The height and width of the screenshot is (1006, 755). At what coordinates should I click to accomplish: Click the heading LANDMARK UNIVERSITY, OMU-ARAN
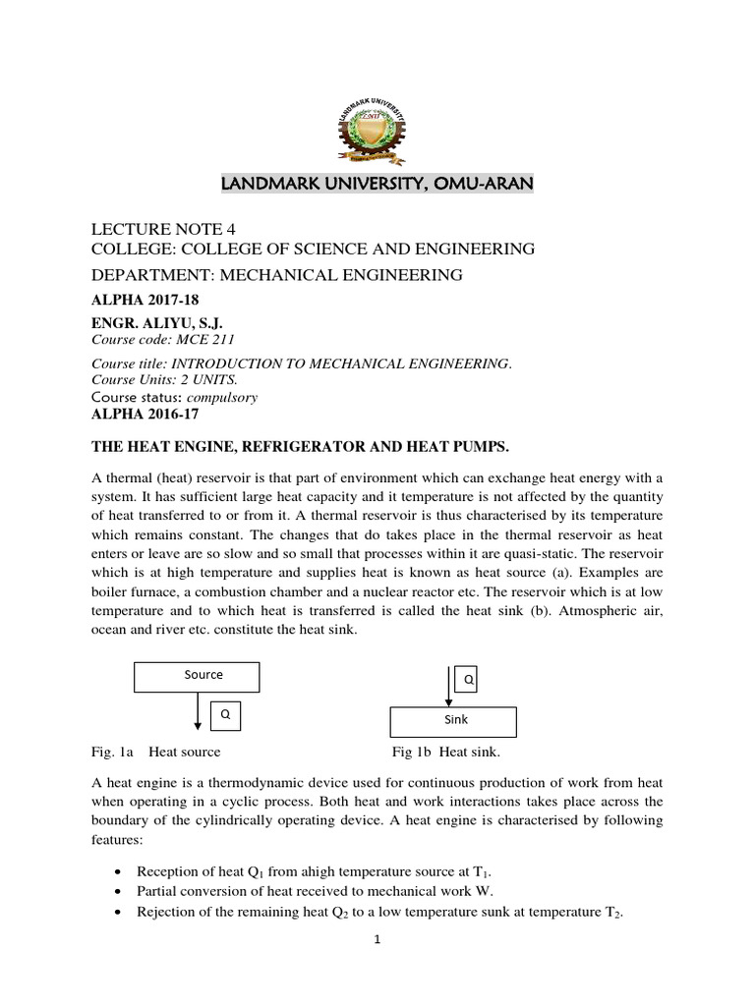coord(377,184)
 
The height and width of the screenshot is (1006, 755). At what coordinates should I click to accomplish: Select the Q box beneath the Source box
coord(226,716)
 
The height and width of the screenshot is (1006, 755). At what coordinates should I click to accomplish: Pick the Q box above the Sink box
coord(467,679)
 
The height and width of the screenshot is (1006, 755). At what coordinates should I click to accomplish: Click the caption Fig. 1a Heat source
coord(155,752)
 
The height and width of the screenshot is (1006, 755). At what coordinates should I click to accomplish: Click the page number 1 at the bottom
coord(377,939)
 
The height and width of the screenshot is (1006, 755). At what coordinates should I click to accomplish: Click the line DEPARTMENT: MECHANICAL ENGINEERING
coord(276,275)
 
